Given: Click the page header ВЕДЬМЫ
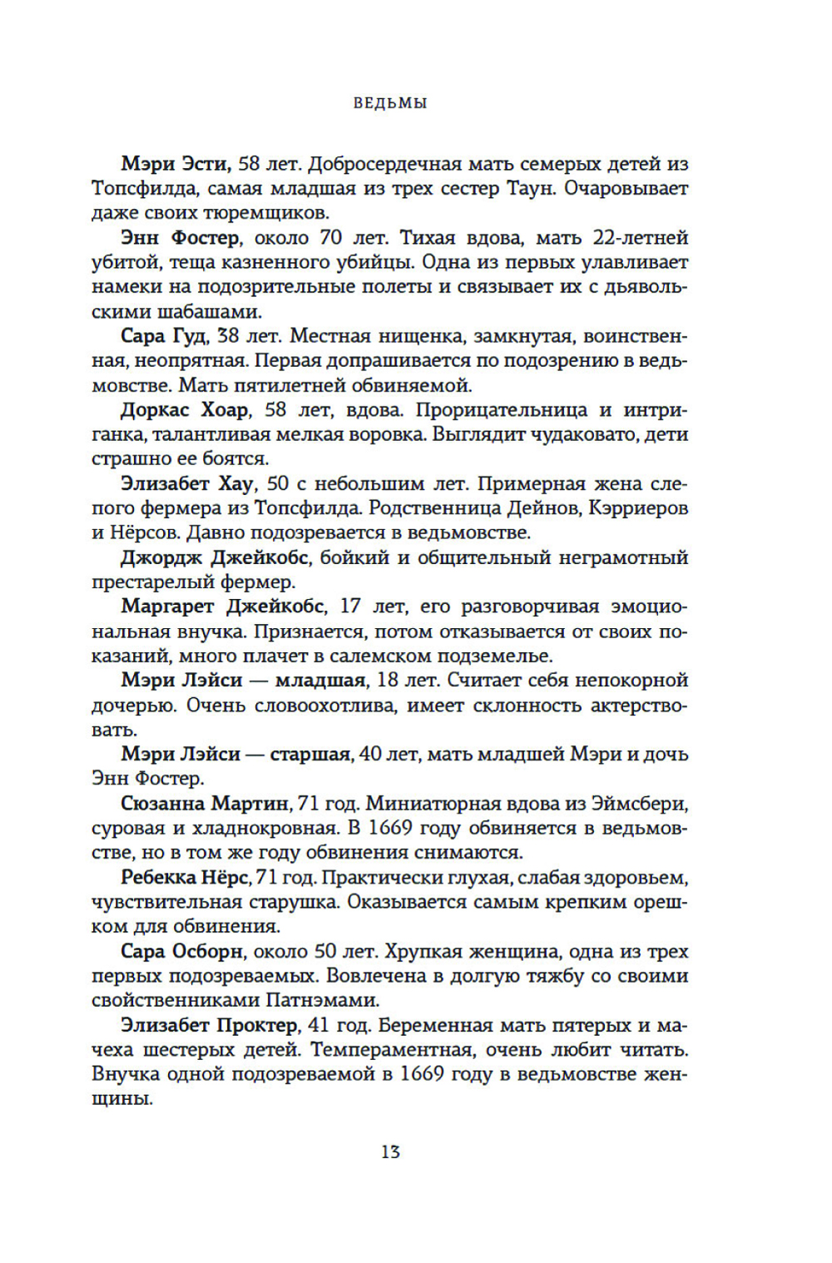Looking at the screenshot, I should click(x=390, y=104).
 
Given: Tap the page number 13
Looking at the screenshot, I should click(x=390, y=1152).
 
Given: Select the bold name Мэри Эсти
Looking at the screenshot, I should click(x=176, y=164).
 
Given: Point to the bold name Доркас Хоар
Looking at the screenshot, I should click(x=185, y=410).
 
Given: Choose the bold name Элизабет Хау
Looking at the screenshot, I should click(x=187, y=483).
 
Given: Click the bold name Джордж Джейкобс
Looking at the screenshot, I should click(x=215, y=557).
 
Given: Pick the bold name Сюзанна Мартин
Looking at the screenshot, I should click(x=205, y=804).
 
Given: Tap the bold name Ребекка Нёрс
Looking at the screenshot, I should click(x=185, y=878).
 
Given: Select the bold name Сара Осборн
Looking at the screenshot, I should click(x=182, y=951).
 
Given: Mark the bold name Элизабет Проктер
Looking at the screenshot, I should click(x=209, y=1025).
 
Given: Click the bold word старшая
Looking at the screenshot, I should click(x=310, y=755).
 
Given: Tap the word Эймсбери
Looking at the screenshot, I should click(x=638, y=804).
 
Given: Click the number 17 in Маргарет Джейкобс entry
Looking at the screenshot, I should click(x=350, y=607).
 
